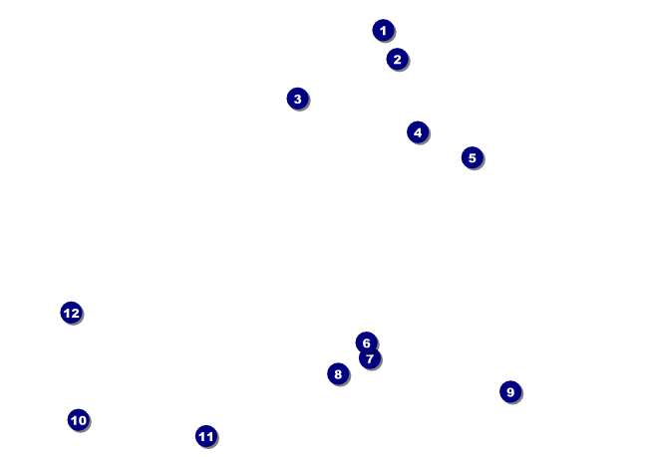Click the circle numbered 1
coord(383,30)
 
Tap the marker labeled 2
coord(397,59)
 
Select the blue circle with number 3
coord(297,99)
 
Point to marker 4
coord(418,132)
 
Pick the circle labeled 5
coord(472,157)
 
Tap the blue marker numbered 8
coord(338,374)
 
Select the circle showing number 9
coord(510,391)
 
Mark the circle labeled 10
coord(79,420)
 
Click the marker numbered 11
coord(205,436)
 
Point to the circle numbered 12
coord(71,313)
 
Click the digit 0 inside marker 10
coord(83,420)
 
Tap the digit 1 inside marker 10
coord(74,420)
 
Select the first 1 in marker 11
coord(201,436)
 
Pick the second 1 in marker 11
coord(210,436)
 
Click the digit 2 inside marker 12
coord(75,313)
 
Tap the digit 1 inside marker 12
coord(66,313)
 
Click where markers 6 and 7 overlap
coord(368,350)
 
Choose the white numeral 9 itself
coord(510,391)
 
